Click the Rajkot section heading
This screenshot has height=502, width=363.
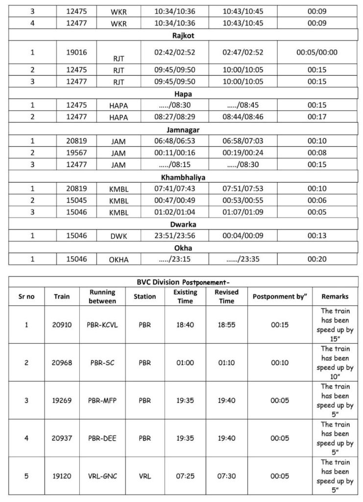181,35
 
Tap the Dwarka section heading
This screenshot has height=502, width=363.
181,224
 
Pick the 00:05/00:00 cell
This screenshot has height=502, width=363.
317,52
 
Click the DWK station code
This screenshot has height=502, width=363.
119,236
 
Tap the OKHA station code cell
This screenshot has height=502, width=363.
119,260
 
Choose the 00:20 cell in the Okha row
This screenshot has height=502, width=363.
317,259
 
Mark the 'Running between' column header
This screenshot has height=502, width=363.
102,296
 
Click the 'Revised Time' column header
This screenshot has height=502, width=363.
226,296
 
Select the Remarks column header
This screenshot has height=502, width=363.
335,296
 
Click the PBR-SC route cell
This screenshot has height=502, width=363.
102,363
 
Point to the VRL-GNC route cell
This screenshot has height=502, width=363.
102,476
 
